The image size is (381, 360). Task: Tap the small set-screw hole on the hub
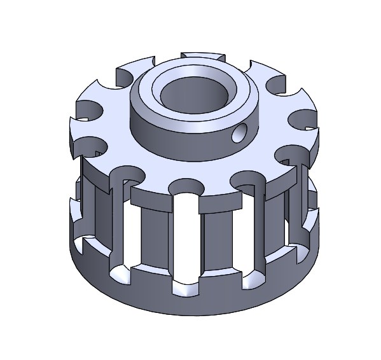240,134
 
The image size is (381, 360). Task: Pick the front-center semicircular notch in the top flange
186,185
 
